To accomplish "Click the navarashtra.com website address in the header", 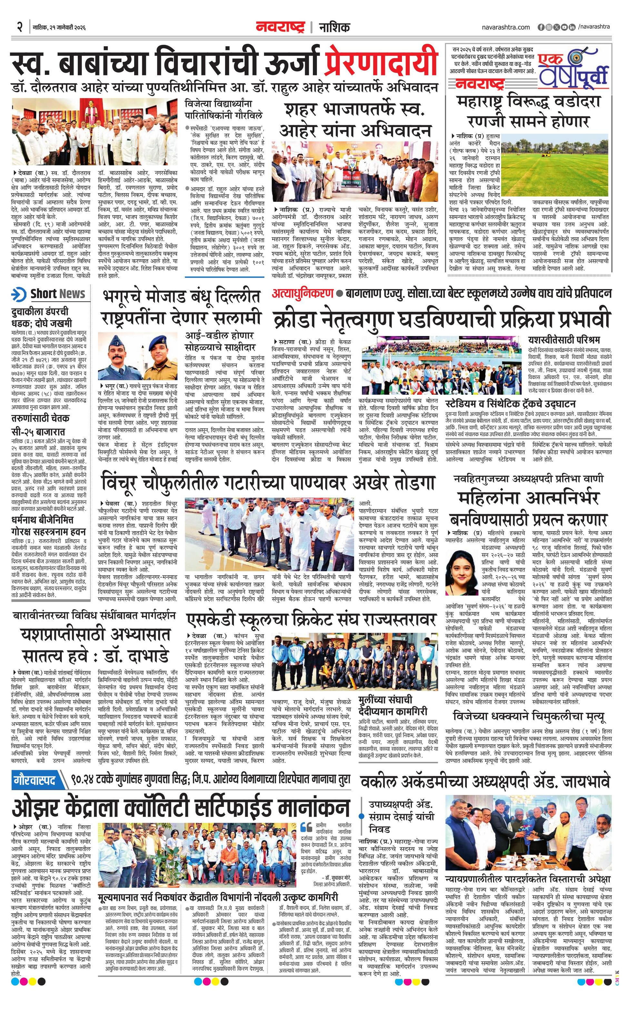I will click(x=506, y=27).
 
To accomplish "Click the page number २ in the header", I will click(x=19, y=27).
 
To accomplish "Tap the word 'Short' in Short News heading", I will click(x=43, y=293).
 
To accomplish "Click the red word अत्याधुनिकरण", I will click(x=302, y=293).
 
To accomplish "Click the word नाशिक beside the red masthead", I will click(x=334, y=27).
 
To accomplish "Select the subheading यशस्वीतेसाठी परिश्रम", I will click(x=564, y=340).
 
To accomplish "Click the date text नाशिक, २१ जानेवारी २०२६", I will click(x=59, y=28).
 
